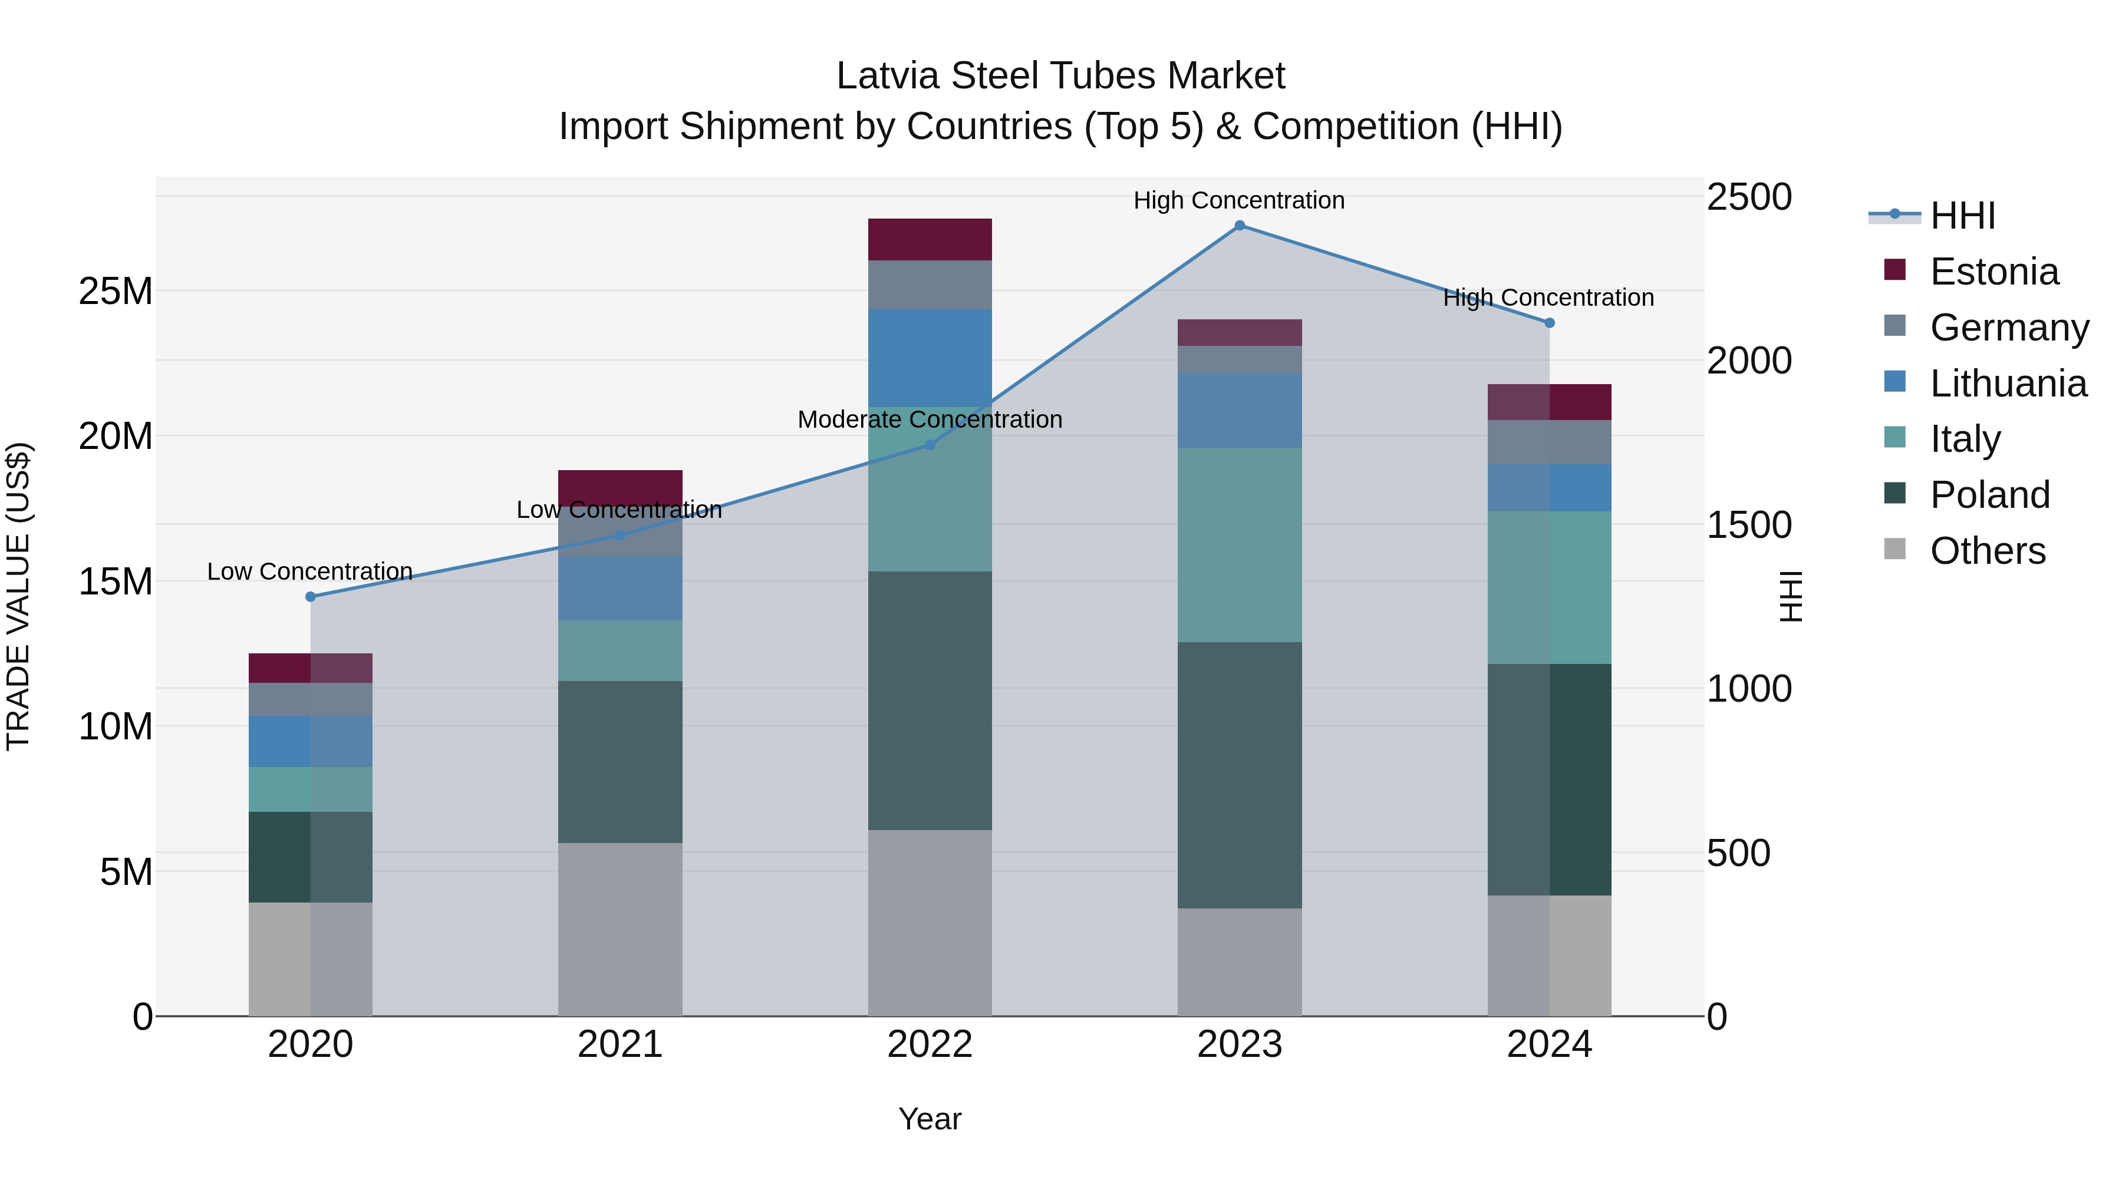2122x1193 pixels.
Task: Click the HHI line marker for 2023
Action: pyautogui.click(x=1239, y=226)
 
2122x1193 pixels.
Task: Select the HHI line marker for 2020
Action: pyautogui.click(x=311, y=597)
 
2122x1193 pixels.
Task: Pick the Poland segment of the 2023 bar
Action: pyautogui.click(x=1239, y=775)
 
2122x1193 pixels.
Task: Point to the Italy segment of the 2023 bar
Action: pyautogui.click(x=1239, y=545)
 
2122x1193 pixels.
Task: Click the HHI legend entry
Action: pyautogui.click(x=1962, y=216)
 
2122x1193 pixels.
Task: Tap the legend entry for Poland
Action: pyautogui.click(x=1989, y=495)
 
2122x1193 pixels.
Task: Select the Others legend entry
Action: pyautogui.click(x=1987, y=551)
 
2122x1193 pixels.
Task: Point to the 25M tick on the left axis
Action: pyautogui.click(x=116, y=292)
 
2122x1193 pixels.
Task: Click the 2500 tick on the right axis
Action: pyautogui.click(x=1748, y=197)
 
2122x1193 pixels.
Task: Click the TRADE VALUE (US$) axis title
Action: pyautogui.click(x=18, y=596)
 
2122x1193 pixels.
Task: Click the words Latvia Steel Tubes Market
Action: pyautogui.click(x=1060, y=76)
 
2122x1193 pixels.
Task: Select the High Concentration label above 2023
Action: pyautogui.click(x=1239, y=201)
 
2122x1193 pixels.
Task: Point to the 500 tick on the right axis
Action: pyautogui.click(x=1738, y=854)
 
